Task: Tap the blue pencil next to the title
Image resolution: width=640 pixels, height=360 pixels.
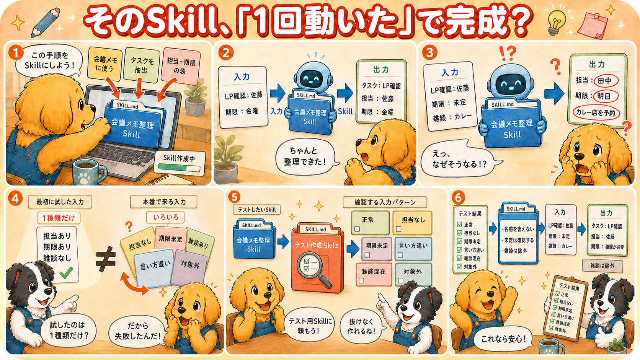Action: pos(45,23)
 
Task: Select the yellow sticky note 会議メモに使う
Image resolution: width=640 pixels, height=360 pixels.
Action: pos(104,64)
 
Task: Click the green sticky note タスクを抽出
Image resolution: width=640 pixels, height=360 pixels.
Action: pos(141,65)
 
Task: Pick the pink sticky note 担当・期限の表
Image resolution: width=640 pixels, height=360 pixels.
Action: pos(181,66)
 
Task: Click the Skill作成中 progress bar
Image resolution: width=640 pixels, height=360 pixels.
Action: pos(179,168)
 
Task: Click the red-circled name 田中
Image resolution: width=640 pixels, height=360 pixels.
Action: pos(605,81)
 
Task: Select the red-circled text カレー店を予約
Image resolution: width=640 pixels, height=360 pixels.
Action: pos(596,113)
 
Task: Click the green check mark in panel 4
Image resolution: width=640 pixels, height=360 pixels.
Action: pos(66,272)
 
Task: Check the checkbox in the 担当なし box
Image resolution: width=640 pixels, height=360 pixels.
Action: pos(398,229)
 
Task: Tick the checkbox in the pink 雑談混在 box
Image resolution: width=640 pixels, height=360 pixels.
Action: pos(361,281)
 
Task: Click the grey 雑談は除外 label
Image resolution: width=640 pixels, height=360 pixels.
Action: pos(602,266)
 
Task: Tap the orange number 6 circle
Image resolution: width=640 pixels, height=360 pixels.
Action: pos(458,197)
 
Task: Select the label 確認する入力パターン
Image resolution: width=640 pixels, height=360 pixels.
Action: pos(385,202)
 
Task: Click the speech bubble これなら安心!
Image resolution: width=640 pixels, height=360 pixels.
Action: pos(503,339)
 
